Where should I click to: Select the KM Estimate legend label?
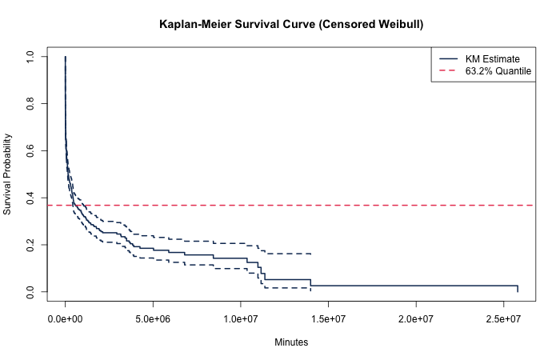pyautogui.click(x=492, y=59)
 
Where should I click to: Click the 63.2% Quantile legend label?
pyautogui.click(x=498, y=71)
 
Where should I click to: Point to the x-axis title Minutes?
pyautogui.click(x=291, y=342)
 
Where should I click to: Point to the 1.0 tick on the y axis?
pyautogui.click(x=30, y=58)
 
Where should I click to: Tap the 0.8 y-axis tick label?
pyautogui.click(x=30, y=104)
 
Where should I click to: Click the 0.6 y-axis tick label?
pyautogui.click(x=30, y=151)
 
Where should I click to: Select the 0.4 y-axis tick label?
pyautogui.click(x=30, y=198)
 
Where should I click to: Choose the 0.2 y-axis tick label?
pyautogui.click(x=30, y=245)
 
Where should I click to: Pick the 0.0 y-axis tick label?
pyautogui.click(x=30, y=291)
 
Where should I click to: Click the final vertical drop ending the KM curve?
pyautogui.click(x=518, y=289)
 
